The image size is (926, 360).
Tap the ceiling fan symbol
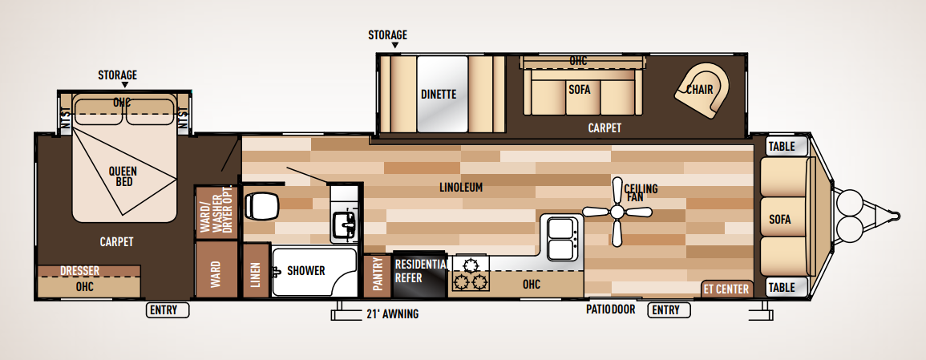point(617,212)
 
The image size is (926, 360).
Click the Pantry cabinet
point(378,276)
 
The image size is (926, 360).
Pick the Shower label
point(305,271)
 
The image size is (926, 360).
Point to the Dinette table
point(439,95)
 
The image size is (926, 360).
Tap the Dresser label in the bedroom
point(79,271)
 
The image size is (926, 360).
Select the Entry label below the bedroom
point(168,310)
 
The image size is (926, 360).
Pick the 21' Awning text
point(392,313)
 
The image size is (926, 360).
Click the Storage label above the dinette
point(387,35)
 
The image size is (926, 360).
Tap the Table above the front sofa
point(782,147)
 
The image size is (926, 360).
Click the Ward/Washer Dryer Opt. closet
point(209,212)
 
